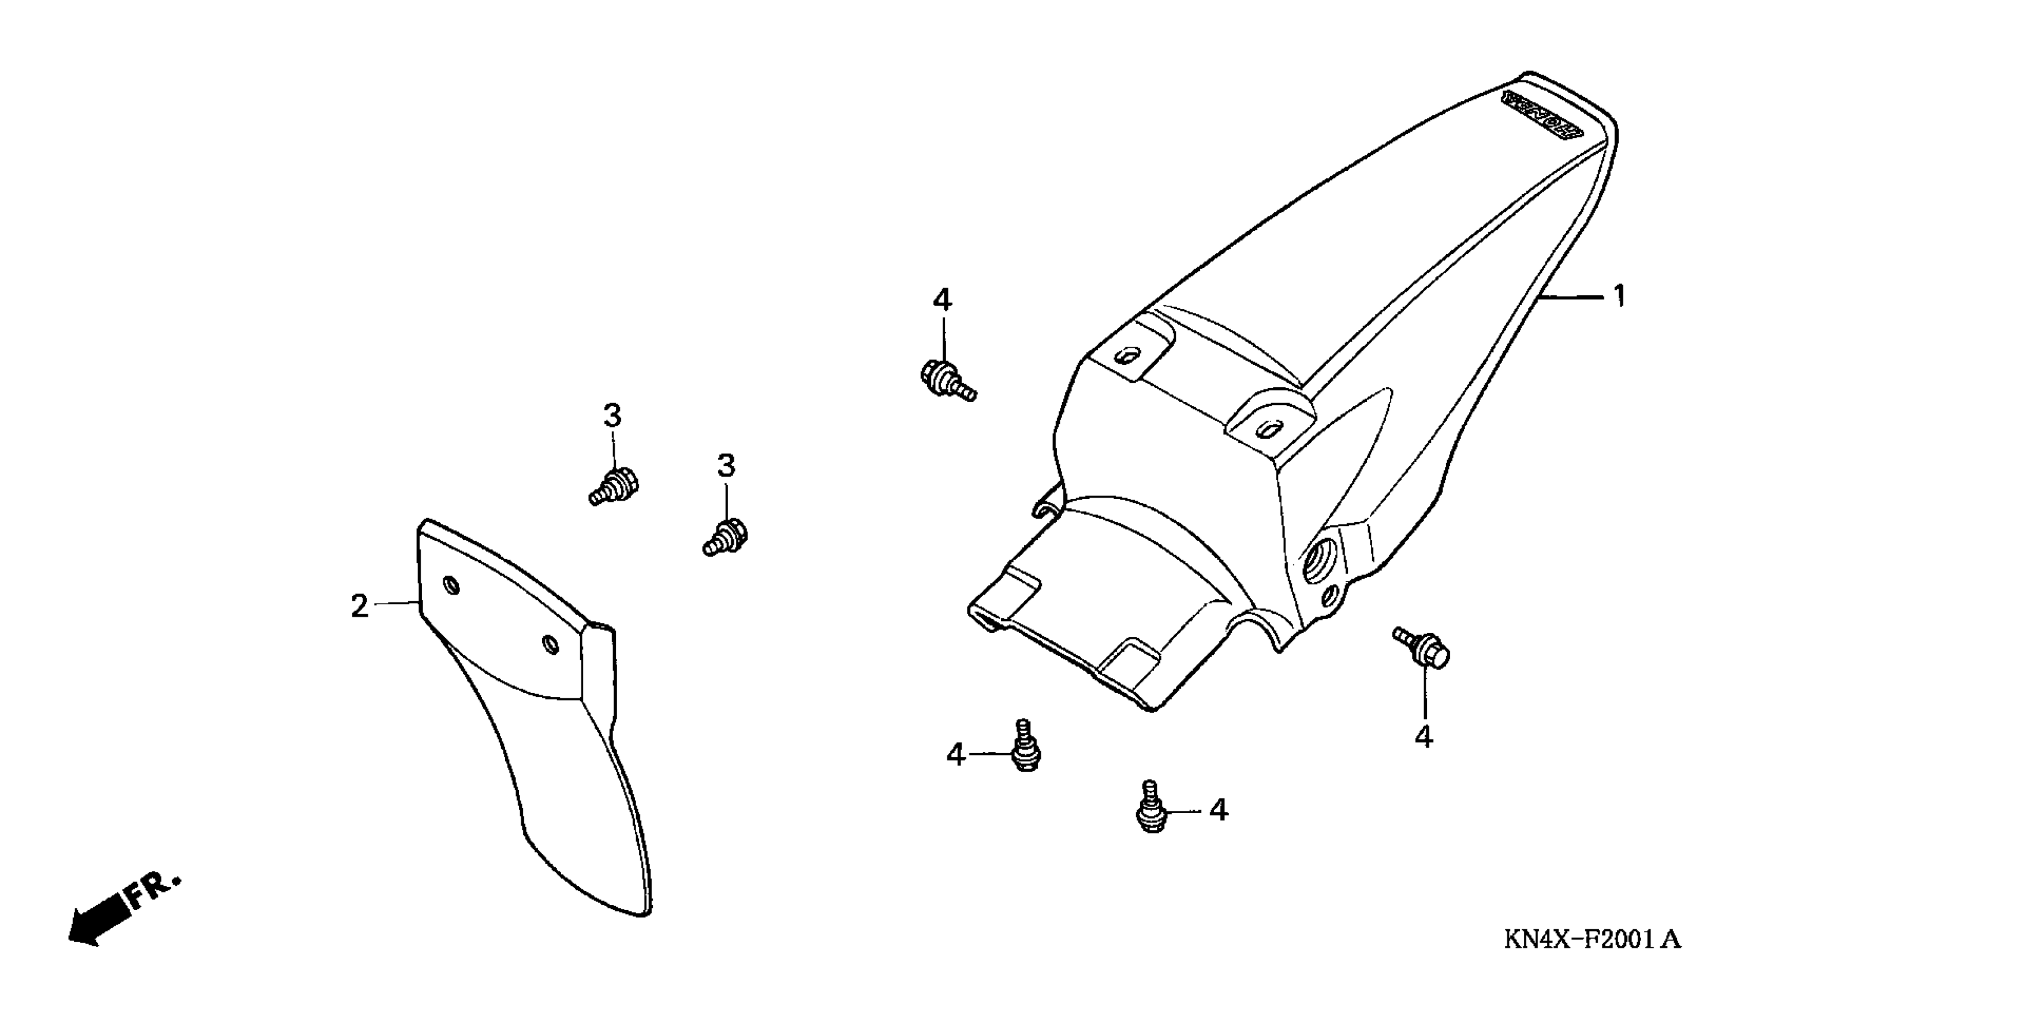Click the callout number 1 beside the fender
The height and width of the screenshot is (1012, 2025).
point(1619,296)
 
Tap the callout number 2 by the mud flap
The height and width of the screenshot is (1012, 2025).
point(359,606)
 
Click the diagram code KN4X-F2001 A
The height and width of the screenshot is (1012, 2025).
point(1592,939)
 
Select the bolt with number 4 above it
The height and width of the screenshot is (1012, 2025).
point(947,380)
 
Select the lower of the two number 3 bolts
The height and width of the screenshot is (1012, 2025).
point(725,538)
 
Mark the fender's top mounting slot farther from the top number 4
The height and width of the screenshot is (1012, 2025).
point(1268,429)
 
